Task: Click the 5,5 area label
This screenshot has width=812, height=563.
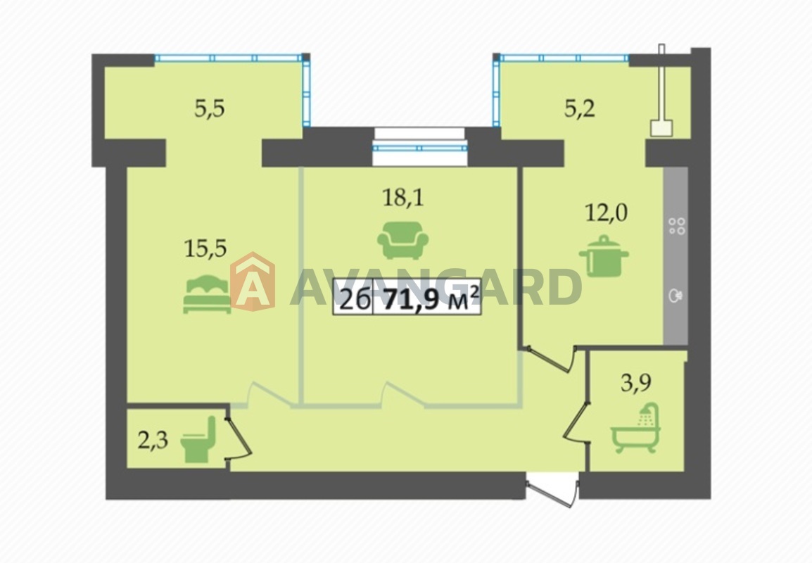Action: coord(209,109)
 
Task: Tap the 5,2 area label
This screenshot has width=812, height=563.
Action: coord(580,109)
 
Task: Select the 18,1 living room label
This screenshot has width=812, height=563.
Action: coord(403,197)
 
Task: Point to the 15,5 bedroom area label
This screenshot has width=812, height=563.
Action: coord(205,248)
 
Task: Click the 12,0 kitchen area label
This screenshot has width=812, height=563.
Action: coord(606,213)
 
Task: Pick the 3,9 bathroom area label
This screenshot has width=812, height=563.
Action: coord(636,384)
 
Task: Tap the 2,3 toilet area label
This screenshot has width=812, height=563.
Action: coord(153,441)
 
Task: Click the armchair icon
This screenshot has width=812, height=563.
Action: coord(403,240)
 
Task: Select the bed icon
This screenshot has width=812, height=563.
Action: coord(207,294)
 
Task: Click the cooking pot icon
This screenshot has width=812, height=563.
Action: coord(604,256)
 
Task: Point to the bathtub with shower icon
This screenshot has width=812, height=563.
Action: coord(636,428)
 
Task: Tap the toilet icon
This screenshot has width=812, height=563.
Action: coord(198,439)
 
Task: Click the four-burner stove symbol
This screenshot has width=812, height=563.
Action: coord(677,226)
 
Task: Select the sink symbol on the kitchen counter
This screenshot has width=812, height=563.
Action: coord(676,296)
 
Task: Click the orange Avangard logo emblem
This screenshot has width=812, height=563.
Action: coord(252,281)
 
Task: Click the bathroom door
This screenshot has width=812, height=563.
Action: coord(577,422)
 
